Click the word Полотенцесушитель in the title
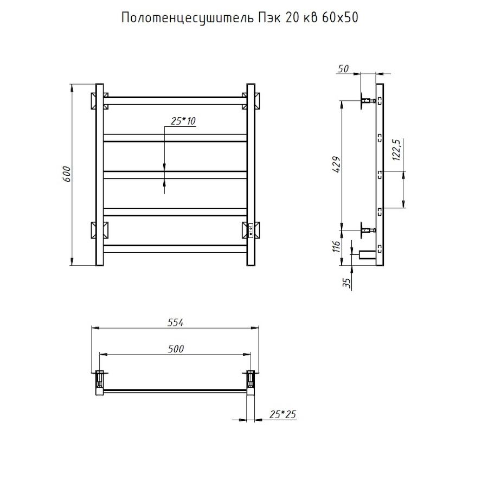pos(183,18)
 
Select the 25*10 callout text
pos(183,121)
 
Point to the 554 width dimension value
pos(176,322)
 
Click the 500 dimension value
pos(176,349)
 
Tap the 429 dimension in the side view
pos(336,164)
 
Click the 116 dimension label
pos(336,247)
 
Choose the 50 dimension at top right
pos(343,69)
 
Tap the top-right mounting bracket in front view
pos(251,100)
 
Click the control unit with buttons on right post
pos(251,230)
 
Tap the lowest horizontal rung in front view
pos(175,249)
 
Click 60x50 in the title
pos(337,18)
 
